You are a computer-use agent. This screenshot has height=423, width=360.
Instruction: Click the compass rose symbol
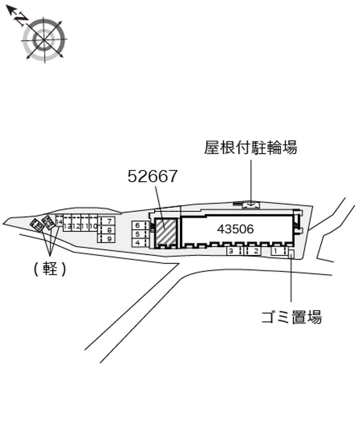point(44,39)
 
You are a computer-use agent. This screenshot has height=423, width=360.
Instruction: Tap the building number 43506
point(235,229)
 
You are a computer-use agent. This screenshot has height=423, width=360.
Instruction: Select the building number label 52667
point(153,177)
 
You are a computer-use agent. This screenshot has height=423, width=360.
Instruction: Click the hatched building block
point(166,232)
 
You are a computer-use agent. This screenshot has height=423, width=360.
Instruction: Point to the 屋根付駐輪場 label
point(251,147)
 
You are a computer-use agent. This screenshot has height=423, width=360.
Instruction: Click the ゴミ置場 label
point(292,317)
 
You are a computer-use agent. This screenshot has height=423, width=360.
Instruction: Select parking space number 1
point(275,251)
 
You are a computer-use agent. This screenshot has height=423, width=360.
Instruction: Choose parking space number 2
point(256,251)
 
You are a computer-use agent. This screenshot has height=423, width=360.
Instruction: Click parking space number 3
point(231,251)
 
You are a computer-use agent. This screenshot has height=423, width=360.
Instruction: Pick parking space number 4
point(138,243)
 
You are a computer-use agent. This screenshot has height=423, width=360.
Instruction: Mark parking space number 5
point(138,234)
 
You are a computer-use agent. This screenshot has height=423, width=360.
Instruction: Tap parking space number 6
point(138,225)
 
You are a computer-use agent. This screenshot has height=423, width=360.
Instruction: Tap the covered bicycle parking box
point(251,205)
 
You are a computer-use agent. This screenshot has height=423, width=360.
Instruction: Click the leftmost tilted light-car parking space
point(37,225)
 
